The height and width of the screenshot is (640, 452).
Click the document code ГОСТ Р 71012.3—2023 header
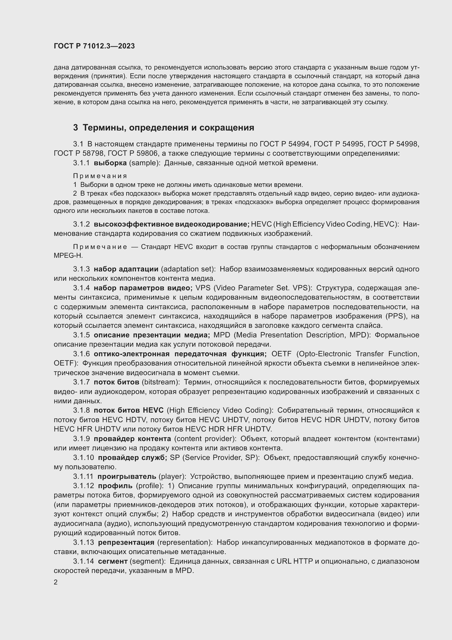pos(94,46)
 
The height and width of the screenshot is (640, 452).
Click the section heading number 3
pos(75,128)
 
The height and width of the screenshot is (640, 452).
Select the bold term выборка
pos(110,163)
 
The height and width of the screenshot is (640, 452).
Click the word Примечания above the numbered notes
pos(100,176)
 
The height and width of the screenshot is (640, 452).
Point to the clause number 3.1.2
pos(81,224)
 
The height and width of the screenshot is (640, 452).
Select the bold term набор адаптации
pos(126,269)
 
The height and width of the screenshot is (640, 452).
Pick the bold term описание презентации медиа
pos(152,335)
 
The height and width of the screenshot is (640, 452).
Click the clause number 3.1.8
pos(81,410)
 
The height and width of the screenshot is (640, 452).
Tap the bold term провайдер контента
pos(132,439)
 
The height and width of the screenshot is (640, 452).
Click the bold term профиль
pos(115,486)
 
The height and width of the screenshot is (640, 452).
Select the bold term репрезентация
pos(126,542)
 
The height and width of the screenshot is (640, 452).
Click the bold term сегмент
pos(113,561)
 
